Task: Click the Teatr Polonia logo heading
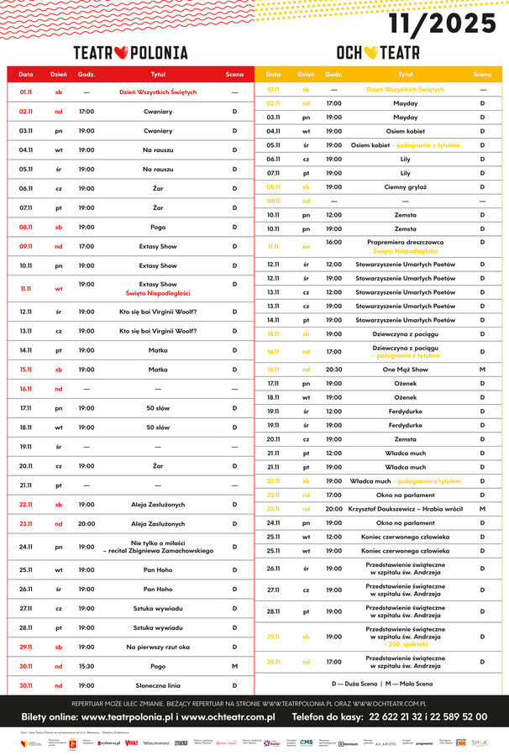tap(130, 52)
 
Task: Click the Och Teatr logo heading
tap(379, 52)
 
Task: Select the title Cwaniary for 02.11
tap(157, 111)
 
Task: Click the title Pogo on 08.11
tap(157, 227)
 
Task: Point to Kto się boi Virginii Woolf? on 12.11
tap(157, 312)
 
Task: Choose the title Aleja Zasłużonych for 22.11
tap(157, 505)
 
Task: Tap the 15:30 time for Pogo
tap(87, 667)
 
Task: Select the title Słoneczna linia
tap(157, 686)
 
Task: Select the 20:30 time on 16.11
tap(333, 369)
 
